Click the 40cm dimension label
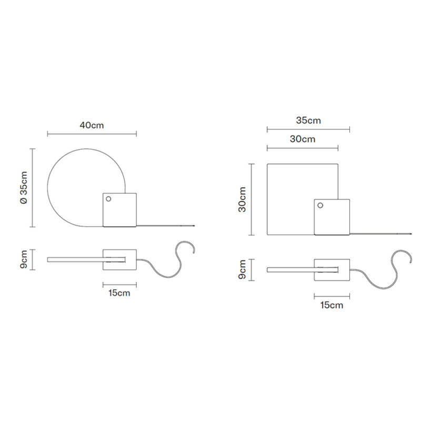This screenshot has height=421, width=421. pos(92,125)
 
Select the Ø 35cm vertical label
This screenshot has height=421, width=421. pos(23,188)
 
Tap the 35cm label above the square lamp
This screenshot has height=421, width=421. pos(308,121)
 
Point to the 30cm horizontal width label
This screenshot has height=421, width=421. pos(302,139)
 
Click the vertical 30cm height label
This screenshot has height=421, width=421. pos(242,199)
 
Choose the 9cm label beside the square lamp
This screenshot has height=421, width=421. pos(242,269)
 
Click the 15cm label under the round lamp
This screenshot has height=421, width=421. pos(119,294)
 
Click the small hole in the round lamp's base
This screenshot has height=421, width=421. pos(108,199)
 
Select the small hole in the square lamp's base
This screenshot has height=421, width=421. pos(320,206)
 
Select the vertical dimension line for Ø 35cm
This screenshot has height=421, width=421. pos(33,188)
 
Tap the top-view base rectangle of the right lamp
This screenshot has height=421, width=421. pos(332,270)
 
